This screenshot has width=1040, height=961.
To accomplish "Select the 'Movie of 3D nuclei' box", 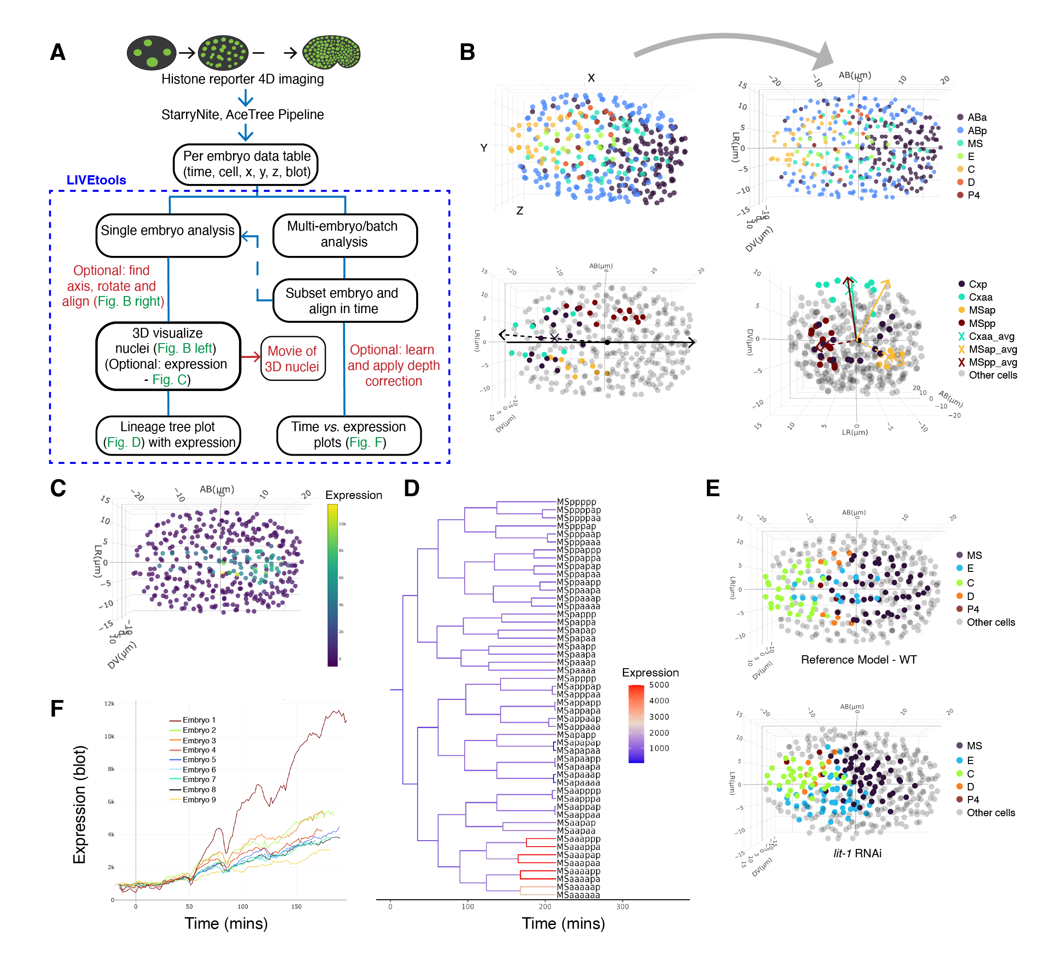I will (293, 358).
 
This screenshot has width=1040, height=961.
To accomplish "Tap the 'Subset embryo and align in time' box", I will (344, 300).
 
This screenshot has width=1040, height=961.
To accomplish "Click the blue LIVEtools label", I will (96, 180).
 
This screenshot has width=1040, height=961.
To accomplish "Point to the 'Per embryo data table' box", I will (246, 164).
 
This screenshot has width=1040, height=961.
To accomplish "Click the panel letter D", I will (411, 488).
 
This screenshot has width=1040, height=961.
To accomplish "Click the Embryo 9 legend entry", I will (199, 800).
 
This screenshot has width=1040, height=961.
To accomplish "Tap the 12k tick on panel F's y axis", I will (109, 704).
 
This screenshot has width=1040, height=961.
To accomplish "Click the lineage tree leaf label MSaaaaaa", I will (578, 895).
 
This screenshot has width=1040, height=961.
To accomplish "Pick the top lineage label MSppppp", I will (576, 502).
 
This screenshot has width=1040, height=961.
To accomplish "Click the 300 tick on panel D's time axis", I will (622, 907).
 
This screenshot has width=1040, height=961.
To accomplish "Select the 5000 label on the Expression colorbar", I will (658, 685).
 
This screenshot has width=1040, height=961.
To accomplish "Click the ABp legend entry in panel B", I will (976, 131).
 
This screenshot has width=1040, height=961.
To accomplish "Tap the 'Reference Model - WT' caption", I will (858, 659).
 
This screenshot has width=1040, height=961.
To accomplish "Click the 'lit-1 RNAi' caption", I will (857, 854).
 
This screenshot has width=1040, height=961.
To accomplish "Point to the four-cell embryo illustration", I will (151, 53).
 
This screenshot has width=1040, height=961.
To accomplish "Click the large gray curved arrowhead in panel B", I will (824, 56).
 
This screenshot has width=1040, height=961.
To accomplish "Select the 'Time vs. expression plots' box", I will (348, 435).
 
